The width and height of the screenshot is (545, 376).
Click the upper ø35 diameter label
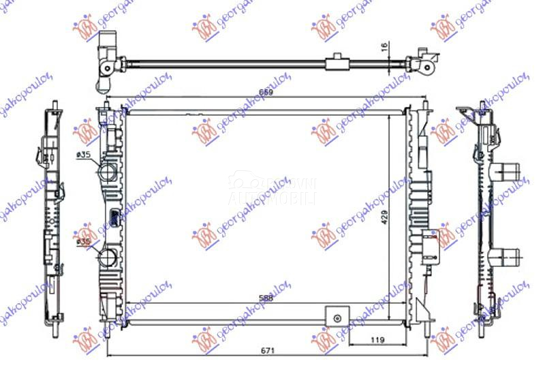point(84,156)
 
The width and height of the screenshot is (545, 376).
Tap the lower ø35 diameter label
point(84,242)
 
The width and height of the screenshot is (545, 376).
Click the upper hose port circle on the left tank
point(107,171)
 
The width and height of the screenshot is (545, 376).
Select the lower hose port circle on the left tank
point(108,259)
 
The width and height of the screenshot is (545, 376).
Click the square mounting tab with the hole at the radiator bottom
point(335,317)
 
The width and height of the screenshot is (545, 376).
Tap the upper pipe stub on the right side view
point(508,170)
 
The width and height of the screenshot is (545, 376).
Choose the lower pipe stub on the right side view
point(508,257)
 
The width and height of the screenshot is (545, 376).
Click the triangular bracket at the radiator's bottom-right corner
point(422,313)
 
